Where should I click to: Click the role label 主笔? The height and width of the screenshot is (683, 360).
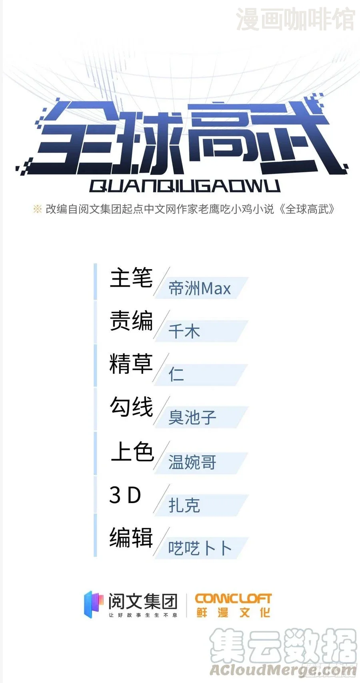pyautogui.click(x=131, y=278)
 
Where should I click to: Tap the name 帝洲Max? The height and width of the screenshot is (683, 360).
pyautogui.click(x=200, y=289)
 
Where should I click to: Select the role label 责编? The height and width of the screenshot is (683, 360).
pyautogui.click(x=131, y=321)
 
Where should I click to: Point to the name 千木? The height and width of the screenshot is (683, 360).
pyautogui.click(x=184, y=332)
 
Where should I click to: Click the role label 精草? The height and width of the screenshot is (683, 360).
pyautogui.click(x=131, y=364)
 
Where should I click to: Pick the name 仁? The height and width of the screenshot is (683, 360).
pyautogui.click(x=176, y=375)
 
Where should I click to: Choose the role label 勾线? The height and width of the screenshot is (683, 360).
pyautogui.click(x=131, y=407)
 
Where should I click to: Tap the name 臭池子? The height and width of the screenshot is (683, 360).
pyautogui.click(x=192, y=418)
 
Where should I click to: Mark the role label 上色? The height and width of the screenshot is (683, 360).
pyautogui.click(x=132, y=451)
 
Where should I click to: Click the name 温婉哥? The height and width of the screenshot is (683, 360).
pyautogui.click(x=192, y=462)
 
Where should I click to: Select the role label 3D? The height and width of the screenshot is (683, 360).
pyautogui.click(x=125, y=495)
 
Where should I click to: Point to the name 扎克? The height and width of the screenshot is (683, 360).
pyautogui.click(x=184, y=505)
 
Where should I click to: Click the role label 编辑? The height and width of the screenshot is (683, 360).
pyautogui.click(x=131, y=537)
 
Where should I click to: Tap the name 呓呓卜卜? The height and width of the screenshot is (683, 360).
pyautogui.click(x=200, y=548)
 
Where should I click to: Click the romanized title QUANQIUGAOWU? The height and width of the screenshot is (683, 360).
pyautogui.click(x=185, y=186)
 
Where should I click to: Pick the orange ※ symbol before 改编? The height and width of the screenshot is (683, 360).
pyautogui.click(x=37, y=209)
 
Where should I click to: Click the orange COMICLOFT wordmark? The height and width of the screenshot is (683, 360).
pyautogui.click(x=233, y=599)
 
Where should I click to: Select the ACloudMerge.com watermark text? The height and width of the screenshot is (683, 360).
pyautogui.click(x=282, y=670)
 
